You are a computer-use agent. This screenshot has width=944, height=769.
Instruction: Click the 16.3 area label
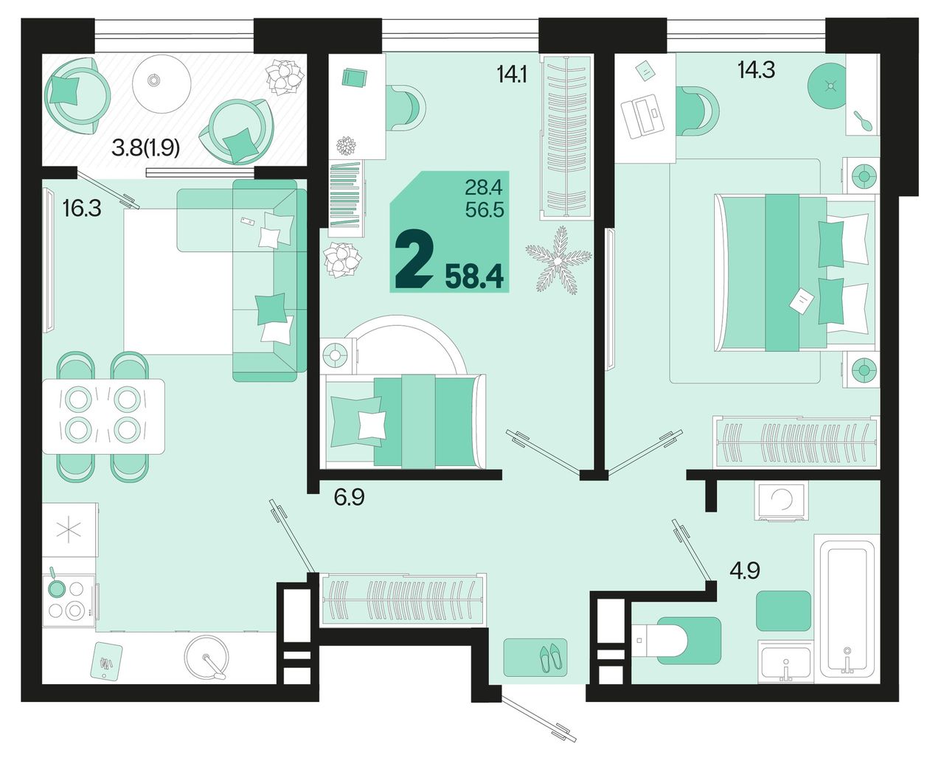coord(82,208)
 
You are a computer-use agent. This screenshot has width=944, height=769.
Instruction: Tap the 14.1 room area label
coord(511,74)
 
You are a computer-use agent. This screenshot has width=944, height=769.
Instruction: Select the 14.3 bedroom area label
coord(756,70)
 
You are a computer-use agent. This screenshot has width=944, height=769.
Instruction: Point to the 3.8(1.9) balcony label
coord(145,148)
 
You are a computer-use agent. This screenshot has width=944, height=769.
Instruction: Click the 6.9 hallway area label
coord(350,497)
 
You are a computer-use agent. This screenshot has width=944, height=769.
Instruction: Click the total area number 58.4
coord(474,277)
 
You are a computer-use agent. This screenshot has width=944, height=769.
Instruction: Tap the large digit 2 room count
coord(414,259)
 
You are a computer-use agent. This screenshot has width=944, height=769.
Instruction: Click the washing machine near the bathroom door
coord(781,500)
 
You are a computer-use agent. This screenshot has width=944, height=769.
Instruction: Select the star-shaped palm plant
coord(558,260)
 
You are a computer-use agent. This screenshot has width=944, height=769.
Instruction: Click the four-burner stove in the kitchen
coord(69,599)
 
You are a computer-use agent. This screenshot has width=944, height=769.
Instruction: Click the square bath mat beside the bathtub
coord(783,610)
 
